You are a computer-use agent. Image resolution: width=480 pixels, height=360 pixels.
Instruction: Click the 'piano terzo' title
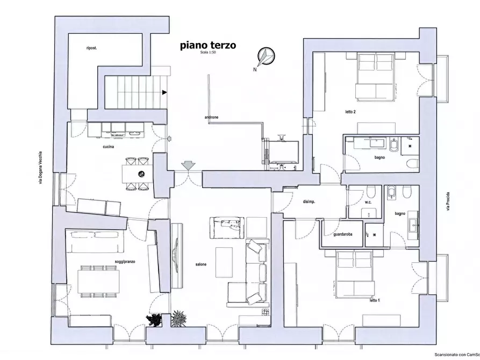tap(208, 45)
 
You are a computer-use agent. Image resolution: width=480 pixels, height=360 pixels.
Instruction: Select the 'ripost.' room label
tap(91, 48)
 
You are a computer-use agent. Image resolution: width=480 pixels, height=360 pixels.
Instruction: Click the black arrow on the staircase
tap(164, 92)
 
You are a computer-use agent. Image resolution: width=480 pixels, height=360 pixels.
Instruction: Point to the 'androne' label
tap(212, 117)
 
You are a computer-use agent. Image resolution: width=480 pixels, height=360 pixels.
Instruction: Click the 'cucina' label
tap(109, 147)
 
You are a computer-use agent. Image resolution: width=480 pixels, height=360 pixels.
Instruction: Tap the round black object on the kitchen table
tap(141, 174)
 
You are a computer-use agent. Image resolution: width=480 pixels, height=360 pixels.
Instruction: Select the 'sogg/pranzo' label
tap(125, 262)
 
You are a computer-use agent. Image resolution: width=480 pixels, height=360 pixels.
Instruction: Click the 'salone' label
tap(201, 264)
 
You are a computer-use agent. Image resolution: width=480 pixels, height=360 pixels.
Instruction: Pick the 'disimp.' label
tap(309, 201)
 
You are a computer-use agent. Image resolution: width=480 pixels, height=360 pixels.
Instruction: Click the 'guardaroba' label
tap(342, 234)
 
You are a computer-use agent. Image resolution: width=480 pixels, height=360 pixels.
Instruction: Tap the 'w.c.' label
tap(368, 203)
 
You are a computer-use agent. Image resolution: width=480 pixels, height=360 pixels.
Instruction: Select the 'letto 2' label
tap(350, 112)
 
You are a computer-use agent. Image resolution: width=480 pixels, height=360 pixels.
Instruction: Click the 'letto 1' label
tap(375, 300)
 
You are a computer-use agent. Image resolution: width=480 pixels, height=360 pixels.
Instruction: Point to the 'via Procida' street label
tap(448, 201)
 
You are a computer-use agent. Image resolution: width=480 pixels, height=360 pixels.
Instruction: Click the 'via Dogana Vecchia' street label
tap(41, 168)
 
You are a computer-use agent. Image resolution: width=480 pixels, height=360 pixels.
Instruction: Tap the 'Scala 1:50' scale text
tap(208, 52)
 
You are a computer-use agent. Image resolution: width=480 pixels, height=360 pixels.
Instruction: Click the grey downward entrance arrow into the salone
tap(188, 165)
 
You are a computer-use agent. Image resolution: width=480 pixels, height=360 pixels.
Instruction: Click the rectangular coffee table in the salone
tap(224, 262)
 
